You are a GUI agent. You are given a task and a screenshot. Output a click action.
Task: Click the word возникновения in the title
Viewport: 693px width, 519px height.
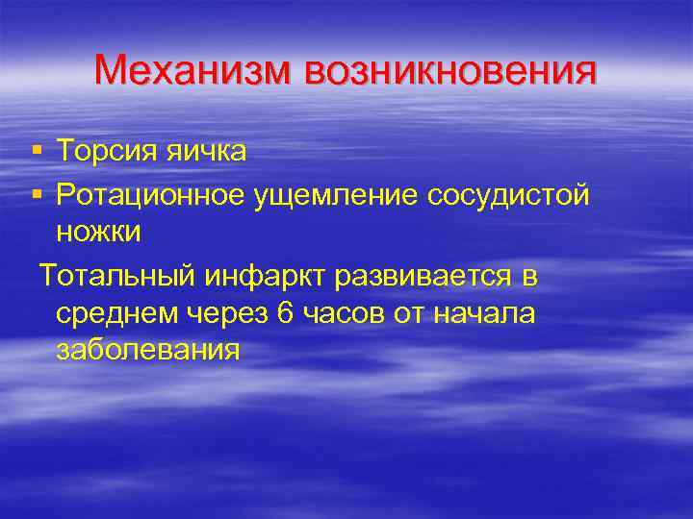pyautogui.click(x=450, y=71)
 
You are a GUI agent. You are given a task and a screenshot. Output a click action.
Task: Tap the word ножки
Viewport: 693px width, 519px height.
pyautogui.click(x=99, y=232)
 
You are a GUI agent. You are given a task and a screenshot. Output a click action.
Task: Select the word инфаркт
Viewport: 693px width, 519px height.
pyautogui.click(x=258, y=277)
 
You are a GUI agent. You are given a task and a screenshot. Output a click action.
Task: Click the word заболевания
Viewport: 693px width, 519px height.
pyautogui.click(x=146, y=350)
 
